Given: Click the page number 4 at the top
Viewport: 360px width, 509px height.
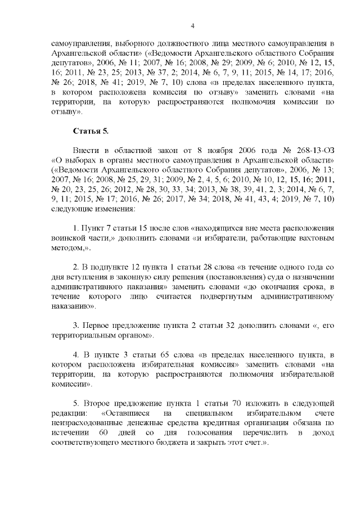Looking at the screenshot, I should click(x=192, y=26).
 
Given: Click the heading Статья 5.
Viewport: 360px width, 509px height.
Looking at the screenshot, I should click(x=91, y=131).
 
